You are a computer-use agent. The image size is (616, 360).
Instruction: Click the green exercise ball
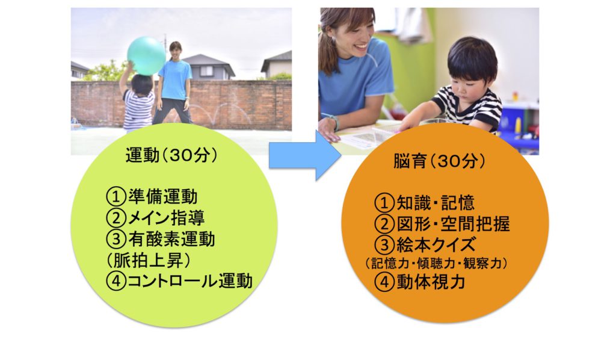[x=146, y=56]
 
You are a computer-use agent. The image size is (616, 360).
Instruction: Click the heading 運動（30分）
[x=171, y=156]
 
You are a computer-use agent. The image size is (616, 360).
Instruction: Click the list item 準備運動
[x=162, y=196]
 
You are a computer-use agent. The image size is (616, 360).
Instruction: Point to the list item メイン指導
[x=166, y=218]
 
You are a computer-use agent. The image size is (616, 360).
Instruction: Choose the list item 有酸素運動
[x=171, y=239]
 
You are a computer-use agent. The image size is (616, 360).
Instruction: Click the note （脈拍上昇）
[x=149, y=260]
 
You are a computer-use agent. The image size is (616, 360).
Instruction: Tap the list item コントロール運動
[x=189, y=281]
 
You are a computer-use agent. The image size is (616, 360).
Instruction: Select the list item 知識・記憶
[x=436, y=203]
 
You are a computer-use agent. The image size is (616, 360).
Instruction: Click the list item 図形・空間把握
[x=453, y=224]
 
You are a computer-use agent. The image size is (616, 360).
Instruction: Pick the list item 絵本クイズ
[x=436, y=245]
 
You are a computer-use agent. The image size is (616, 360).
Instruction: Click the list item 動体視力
[x=431, y=282]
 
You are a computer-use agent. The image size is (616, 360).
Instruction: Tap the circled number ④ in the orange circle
[x=384, y=282]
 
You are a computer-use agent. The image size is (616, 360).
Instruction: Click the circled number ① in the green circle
[x=116, y=196]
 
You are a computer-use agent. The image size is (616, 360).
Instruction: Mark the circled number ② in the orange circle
[x=384, y=224]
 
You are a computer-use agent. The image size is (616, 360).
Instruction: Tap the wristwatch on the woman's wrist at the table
[x=334, y=122]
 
